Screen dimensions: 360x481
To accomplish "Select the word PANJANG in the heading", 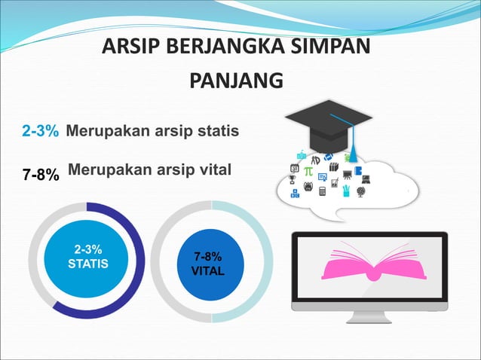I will (x=235, y=80).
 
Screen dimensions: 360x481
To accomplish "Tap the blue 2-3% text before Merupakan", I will (x=40, y=132).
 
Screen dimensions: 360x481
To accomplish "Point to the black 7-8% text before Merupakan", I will (x=40, y=175).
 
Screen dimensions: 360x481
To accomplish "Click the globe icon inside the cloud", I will (x=360, y=191).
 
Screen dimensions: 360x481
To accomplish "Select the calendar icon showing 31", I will (x=295, y=168).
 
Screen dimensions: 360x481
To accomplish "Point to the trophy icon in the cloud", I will (x=295, y=181).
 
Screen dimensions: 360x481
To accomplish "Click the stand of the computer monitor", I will (x=369, y=316).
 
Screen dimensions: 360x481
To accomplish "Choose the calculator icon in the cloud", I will (x=322, y=191).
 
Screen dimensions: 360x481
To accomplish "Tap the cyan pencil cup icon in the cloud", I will (x=346, y=191).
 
